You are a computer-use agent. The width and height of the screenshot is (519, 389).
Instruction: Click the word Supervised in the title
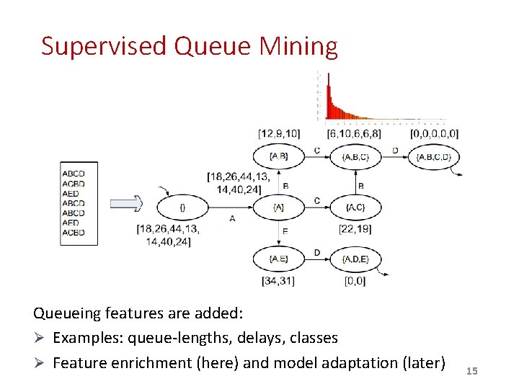(x=105, y=47)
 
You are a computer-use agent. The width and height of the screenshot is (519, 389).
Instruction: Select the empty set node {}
(x=182, y=207)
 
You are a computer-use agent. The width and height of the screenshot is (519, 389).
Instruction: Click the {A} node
(x=278, y=207)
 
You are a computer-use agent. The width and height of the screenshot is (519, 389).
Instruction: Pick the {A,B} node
(x=278, y=156)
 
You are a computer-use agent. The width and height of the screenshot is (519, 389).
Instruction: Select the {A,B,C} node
(x=355, y=156)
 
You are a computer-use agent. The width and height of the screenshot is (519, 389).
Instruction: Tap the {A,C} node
(x=355, y=207)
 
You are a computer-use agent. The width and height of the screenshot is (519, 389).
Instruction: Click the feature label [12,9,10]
(x=278, y=133)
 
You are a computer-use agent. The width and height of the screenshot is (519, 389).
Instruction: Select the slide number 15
(x=472, y=371)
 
